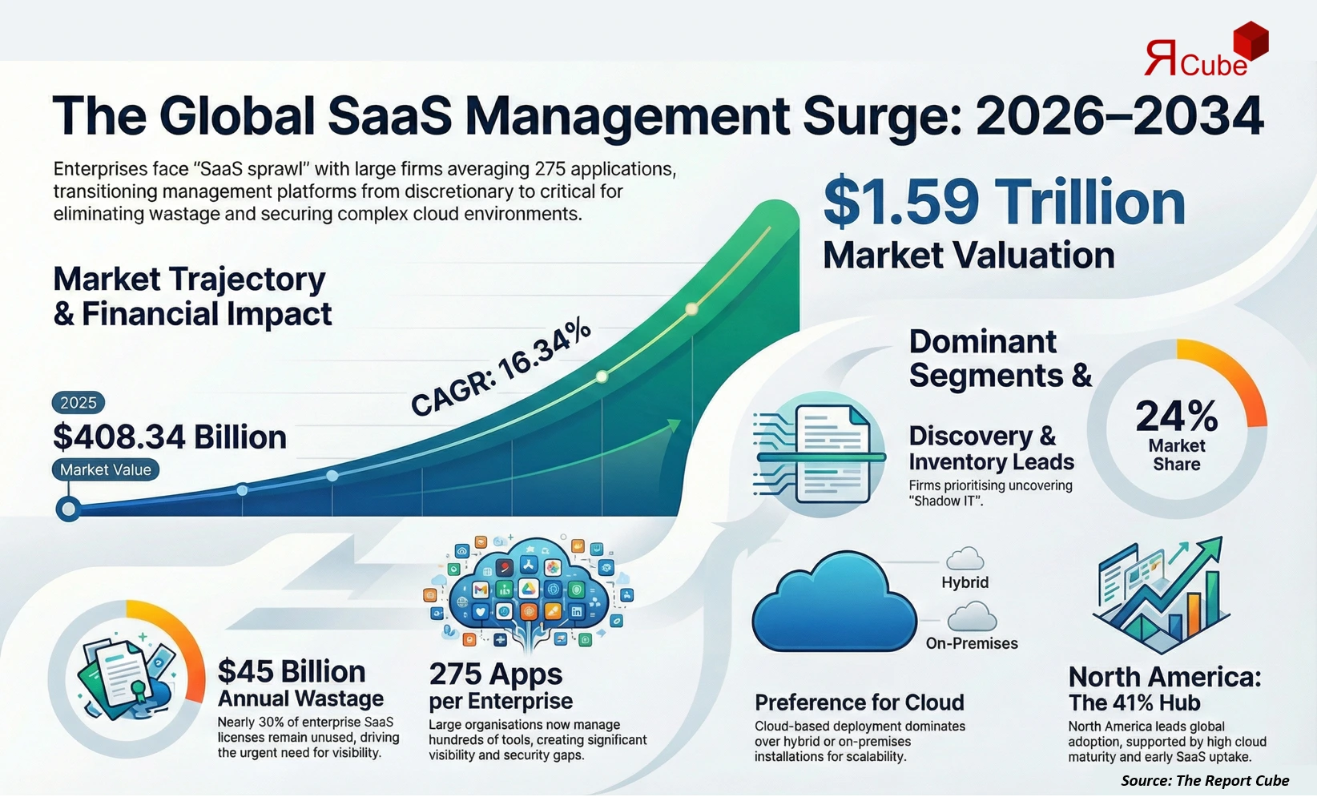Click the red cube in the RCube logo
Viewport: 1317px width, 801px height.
click(x=1250, y=41)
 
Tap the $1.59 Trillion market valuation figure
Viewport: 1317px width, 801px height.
click(x=1005, y=202)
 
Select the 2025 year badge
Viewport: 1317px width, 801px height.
click(x=78, y=403)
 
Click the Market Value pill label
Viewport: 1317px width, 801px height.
click(x=105, y=470)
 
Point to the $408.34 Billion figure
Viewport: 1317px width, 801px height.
click(x=170, y=437)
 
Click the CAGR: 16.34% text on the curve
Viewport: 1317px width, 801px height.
click(x=501, y=368)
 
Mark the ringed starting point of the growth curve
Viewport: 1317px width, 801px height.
click(x=68, y=509)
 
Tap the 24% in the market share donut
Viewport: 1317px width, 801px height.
click(x=1176, y=417)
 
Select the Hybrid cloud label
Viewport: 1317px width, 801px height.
click(x=965, y=582)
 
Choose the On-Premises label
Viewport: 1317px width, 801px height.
click(x=972, y=643)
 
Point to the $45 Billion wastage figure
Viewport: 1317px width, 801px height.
click(x=292, y=671)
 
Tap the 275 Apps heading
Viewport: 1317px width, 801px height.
click(x=496, y=674)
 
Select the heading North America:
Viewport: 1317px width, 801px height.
click(x=1164, y=677)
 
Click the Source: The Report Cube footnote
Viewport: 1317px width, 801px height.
click(x=1204, y=780)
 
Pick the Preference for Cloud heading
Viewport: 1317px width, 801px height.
click(x=859, y=702)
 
